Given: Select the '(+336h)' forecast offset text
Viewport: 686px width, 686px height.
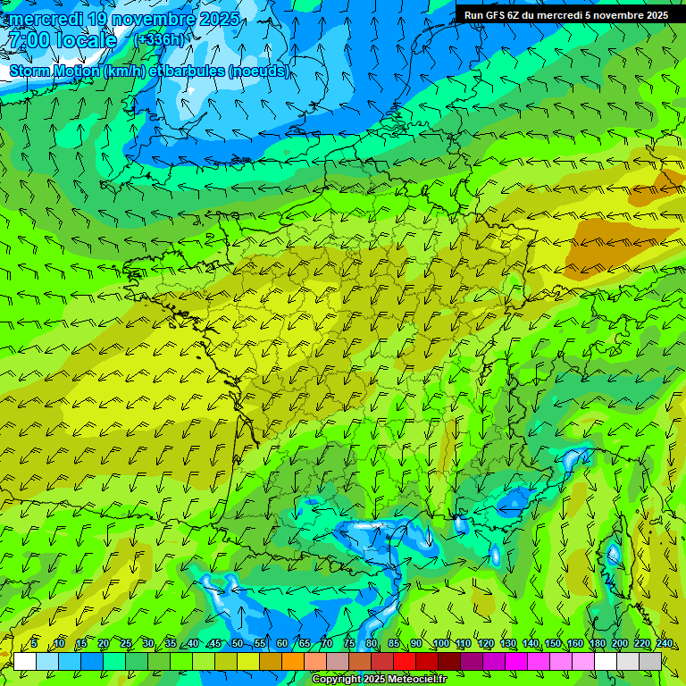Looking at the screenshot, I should [159, 39].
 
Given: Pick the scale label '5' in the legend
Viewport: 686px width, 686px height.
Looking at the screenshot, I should [34, 644].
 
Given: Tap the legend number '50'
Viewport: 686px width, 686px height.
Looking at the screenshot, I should [237, 644].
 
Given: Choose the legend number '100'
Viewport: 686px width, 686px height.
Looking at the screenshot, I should [441, 644].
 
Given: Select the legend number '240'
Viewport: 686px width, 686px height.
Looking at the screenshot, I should [665, 644].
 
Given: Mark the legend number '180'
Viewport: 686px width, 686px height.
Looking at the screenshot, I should [598, 644].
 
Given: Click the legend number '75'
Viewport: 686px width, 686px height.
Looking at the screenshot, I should [348, 644].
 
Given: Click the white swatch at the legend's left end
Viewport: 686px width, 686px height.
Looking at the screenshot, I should [25, 661].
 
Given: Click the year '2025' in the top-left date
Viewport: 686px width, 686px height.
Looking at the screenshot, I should [218, 19].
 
